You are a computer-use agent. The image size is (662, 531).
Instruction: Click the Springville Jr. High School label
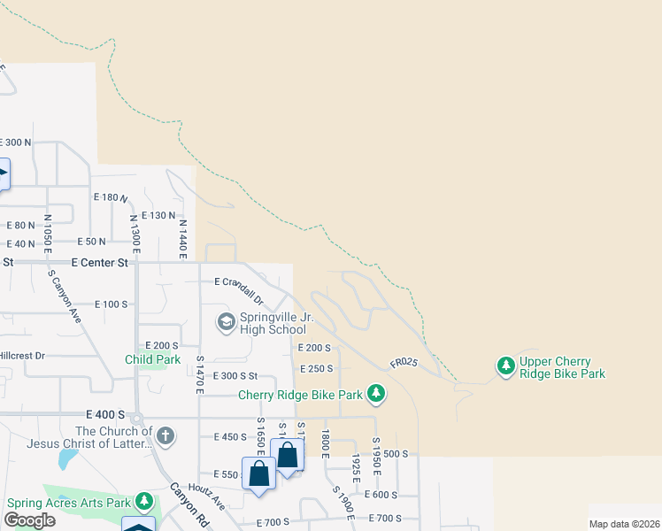pyautogui.click(x=273, y=323)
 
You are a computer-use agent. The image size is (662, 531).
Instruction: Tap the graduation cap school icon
pyautogui.click(x=226, y=320)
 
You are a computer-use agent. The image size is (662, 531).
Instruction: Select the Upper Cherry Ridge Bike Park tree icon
pyautogui.click(x=505, y=366)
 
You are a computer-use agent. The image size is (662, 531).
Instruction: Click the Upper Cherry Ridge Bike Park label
pyautogui.click(x=562, y=367)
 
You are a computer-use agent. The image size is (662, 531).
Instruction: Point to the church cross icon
pyautogui.click(x=165, y=435)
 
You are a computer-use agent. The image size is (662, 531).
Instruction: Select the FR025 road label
pyautogui.click(x=403, y=363)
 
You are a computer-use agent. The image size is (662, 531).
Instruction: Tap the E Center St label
pyautogui.click(x=100, y=262)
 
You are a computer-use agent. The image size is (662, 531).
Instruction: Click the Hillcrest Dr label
pyautogui.click(x=22, y=355)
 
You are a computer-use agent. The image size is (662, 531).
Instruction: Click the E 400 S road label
pyautogui.click(x=105, y=414)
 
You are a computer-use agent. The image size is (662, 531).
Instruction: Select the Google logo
pyautogui.click(x=30, y=519)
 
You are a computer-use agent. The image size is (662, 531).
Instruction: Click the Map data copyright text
pyautogui.click(x=624, y=524)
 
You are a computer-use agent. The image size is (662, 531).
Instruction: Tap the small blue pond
pyautogui.click(x=65, y=458)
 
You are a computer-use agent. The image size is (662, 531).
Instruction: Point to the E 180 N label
pyautogui.click(x=111, y=197)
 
